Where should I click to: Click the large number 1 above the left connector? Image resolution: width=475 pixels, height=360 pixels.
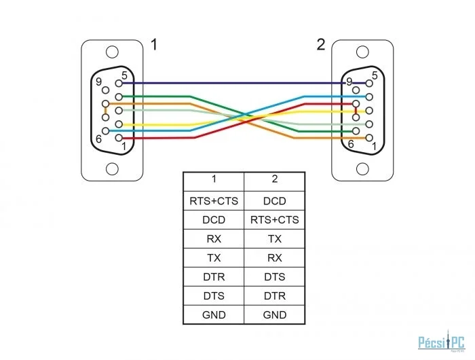pyautogui.click(x=154, y=45)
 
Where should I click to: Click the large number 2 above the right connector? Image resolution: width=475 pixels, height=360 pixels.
pyautogui.click(x=321, y=45)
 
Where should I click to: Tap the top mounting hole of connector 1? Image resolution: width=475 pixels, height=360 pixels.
pyautogui.click(x=113, y=52)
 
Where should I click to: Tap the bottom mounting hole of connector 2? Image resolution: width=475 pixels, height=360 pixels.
pyautogui.click(x=362, y=168)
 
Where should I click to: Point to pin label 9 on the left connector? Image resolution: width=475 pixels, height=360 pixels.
pyautogui.click(x=100, y=82)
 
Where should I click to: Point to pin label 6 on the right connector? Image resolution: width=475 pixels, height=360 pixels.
pyautogui.click(x=351, y=144)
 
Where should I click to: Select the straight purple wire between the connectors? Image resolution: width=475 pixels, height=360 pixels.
pyautogui.click(x=237, y=83)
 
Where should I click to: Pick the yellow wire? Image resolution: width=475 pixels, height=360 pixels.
pyautogui.click(x=163, y=124)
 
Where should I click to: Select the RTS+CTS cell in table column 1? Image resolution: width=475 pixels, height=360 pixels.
pyautogui.click(x=213, y=201)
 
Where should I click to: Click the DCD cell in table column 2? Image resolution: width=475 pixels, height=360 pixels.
pyautogui.click(x=274, y=201)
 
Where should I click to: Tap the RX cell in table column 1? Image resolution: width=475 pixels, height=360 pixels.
pyautogui.click(x=213, y=239)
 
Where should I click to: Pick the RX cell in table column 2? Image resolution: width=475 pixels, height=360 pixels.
pyautogui.click(x=274, y=258)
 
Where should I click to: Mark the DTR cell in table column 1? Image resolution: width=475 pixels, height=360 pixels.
pyautogui.click(x=213, y=277)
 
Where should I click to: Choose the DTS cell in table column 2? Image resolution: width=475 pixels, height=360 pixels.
pyautogui.click(x=274, y=277)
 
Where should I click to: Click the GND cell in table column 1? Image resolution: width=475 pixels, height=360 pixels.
pyautogui.click(x=213, y=315)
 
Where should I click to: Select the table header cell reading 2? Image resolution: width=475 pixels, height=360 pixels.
pyautogui.click(x=274, y=180)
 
